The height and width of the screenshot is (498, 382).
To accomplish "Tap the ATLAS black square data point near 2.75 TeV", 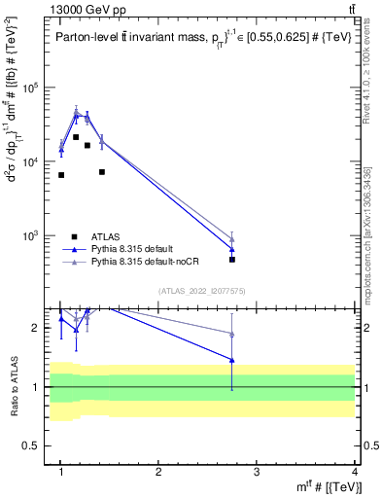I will pos(232,260).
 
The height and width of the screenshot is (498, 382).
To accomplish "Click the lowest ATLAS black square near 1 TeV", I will pos(61,175).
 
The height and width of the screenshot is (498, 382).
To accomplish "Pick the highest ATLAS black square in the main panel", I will pos(76,137).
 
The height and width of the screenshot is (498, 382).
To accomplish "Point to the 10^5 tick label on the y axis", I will pos(37,88).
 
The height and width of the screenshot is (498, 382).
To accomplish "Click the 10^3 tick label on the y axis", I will pos(37,236).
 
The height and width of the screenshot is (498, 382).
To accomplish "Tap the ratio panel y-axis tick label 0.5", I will pos(39,445).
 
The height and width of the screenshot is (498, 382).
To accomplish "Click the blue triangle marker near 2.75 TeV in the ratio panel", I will pos(232,360).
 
